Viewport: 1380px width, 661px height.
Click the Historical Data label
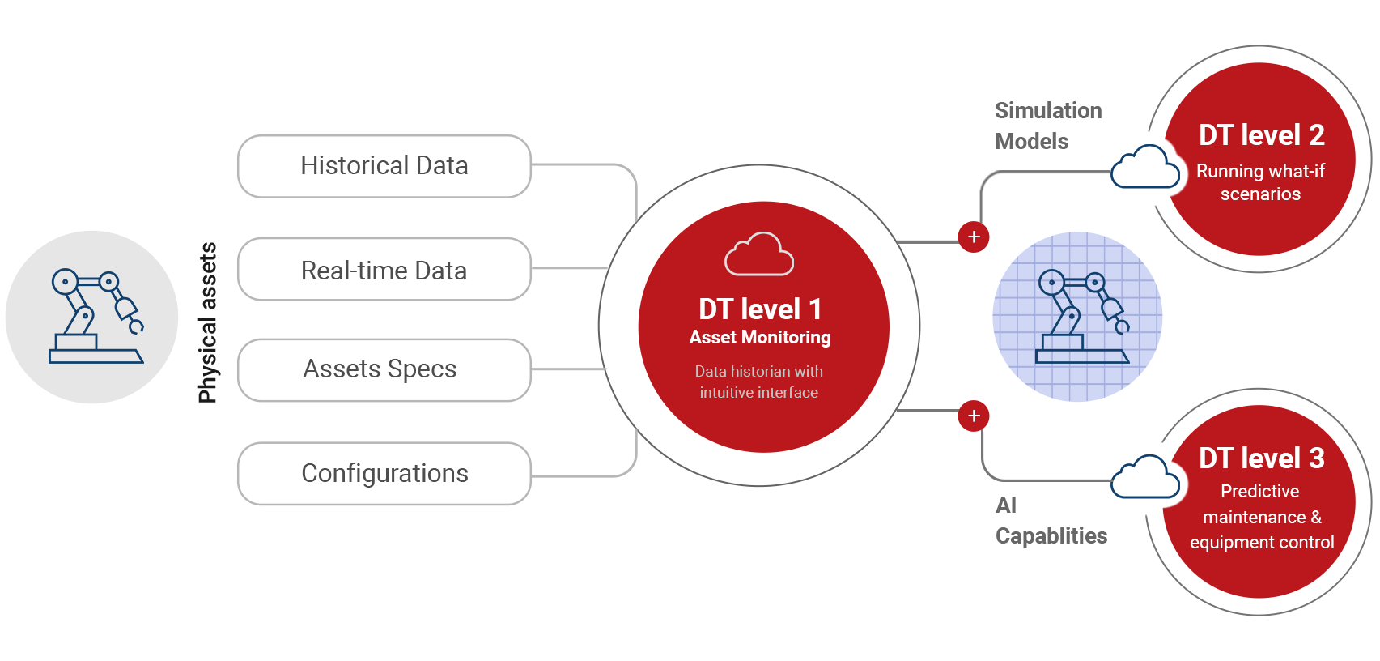384,166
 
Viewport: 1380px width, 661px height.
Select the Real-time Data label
384,270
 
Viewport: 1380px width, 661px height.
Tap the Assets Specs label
380,369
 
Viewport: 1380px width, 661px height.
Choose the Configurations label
384,473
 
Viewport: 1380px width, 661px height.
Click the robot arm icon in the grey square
96,316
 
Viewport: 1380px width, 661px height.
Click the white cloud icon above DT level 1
758,254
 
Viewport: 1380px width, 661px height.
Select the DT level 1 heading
760,309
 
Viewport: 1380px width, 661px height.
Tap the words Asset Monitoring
760,338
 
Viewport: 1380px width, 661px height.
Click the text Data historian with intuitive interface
759,382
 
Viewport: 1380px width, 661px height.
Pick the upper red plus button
974,237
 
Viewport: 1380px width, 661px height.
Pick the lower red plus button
974,416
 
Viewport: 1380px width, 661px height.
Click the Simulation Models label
1047,126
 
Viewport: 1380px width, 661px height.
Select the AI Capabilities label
1051,521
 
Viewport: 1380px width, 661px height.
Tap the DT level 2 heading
1261,135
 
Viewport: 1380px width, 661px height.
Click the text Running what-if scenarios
1260,182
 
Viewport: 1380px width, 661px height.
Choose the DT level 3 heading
1261,458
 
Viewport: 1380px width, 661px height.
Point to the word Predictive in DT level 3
1259,492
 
